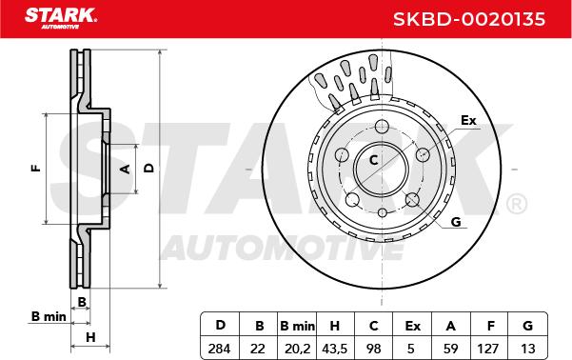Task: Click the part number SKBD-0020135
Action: pyautogui.click(x=469, y=19)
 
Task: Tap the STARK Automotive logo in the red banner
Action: pyautogui.click(x=61, y=18)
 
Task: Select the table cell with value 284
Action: pyautogui.click(x=219, y=349)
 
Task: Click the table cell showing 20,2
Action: pyautogui.click(x=297, y=349)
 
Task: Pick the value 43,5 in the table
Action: pyautogui.click(x=335, y=349)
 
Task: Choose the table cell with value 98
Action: pyautogui.click(x=373, y=349)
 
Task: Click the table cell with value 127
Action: pyautogui.click(x=488, y=349)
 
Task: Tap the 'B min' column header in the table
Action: pyautogui.click(x=297, y=326)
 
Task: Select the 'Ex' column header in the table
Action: pyautogui.click(x=413, y=326)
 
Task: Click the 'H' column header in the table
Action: pyautogui.click(x=335, y=326)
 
